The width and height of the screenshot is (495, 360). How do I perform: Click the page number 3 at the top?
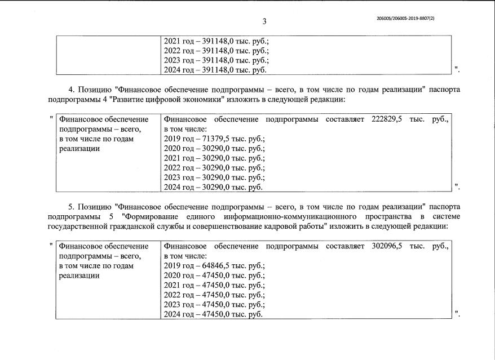point(264,21)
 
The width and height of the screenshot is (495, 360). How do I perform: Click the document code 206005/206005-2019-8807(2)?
point(405,19)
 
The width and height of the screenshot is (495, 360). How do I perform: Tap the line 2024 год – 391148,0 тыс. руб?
point(215,70)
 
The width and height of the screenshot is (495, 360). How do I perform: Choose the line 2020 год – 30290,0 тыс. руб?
point(214,148)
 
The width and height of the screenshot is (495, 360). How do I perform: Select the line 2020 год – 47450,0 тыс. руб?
point(214,275)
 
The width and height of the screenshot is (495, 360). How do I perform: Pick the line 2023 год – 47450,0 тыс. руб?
point(214,304)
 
